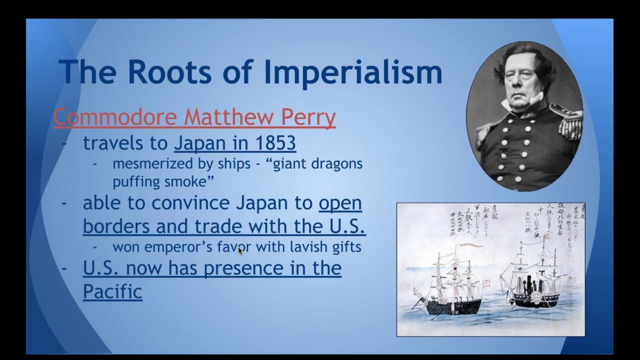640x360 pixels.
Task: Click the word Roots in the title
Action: pos(169,71)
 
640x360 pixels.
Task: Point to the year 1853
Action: pos(275,143)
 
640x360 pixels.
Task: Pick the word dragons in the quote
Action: pos(338,164)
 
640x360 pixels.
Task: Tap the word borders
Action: pos(116,226)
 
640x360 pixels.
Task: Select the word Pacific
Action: pos(112,291)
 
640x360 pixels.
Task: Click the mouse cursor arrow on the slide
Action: pos(240,250)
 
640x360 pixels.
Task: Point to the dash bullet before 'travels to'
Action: pos(64,143)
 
